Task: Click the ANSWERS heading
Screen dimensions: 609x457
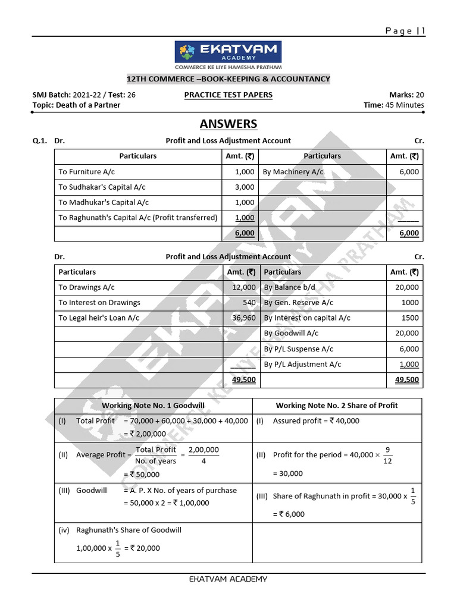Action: (228, 124)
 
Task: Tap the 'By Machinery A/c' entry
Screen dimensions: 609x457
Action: (293, 172)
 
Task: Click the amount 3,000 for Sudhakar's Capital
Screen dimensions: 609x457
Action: (245, 187)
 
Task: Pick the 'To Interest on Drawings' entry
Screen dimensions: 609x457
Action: (99, 303)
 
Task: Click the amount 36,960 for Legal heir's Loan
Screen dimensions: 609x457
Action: (242, 318)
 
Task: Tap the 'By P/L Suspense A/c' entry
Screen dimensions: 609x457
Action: (299, 349)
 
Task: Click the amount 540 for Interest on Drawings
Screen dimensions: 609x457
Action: (248, 303)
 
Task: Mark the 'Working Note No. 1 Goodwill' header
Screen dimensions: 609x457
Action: (153, 406)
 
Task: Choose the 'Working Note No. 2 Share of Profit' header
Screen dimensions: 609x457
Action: (337, 406)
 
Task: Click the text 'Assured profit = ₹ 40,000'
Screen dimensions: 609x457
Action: (316, 421)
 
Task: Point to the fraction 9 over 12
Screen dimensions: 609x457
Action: (387, 456)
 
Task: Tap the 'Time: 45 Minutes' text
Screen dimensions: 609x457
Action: (394, 105)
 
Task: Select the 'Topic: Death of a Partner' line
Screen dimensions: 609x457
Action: (76, 105)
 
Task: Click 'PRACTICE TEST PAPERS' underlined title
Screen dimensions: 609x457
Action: (228, 95)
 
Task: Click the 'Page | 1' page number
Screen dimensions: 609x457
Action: (405, 32)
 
